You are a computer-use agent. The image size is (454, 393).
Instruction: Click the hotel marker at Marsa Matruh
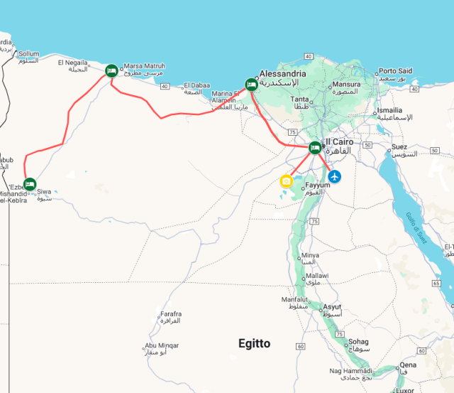111,70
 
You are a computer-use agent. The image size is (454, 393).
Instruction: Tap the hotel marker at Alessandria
251,85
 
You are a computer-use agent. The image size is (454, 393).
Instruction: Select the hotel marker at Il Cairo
315,148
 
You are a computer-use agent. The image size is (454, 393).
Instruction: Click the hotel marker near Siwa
30,183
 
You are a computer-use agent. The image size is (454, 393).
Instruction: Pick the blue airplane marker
334,176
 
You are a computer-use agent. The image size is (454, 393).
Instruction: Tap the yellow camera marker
286,181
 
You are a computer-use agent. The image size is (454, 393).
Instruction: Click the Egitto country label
254,343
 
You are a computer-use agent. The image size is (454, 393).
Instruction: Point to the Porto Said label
395,71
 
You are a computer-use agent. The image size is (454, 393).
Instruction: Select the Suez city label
399,147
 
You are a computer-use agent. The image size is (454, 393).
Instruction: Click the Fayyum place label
318,185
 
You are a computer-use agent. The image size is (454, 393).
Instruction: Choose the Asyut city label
332,307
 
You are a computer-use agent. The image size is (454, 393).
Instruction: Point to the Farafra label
171,313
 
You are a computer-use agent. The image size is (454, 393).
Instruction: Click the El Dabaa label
198,85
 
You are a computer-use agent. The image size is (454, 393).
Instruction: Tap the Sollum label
29,53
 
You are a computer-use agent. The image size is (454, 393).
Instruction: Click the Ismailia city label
390,110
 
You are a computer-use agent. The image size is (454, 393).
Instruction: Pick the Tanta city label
301,99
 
